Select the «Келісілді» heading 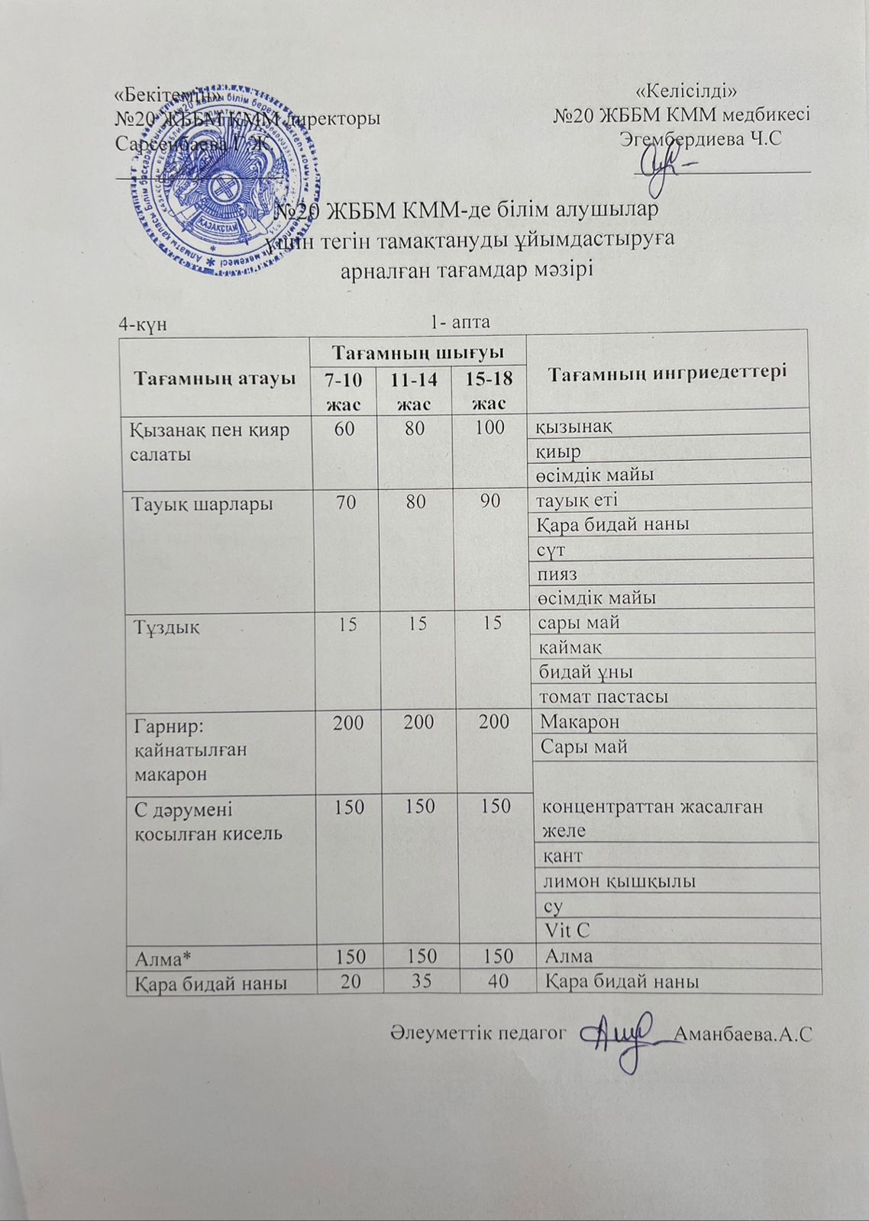pos(691,93)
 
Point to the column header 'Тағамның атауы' pos(215,377)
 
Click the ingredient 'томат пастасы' pos(603,697)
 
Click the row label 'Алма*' pos(160,956)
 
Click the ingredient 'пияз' pos(558,574)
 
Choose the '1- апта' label pos(460,322)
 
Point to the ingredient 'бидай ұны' pos(586,672)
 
